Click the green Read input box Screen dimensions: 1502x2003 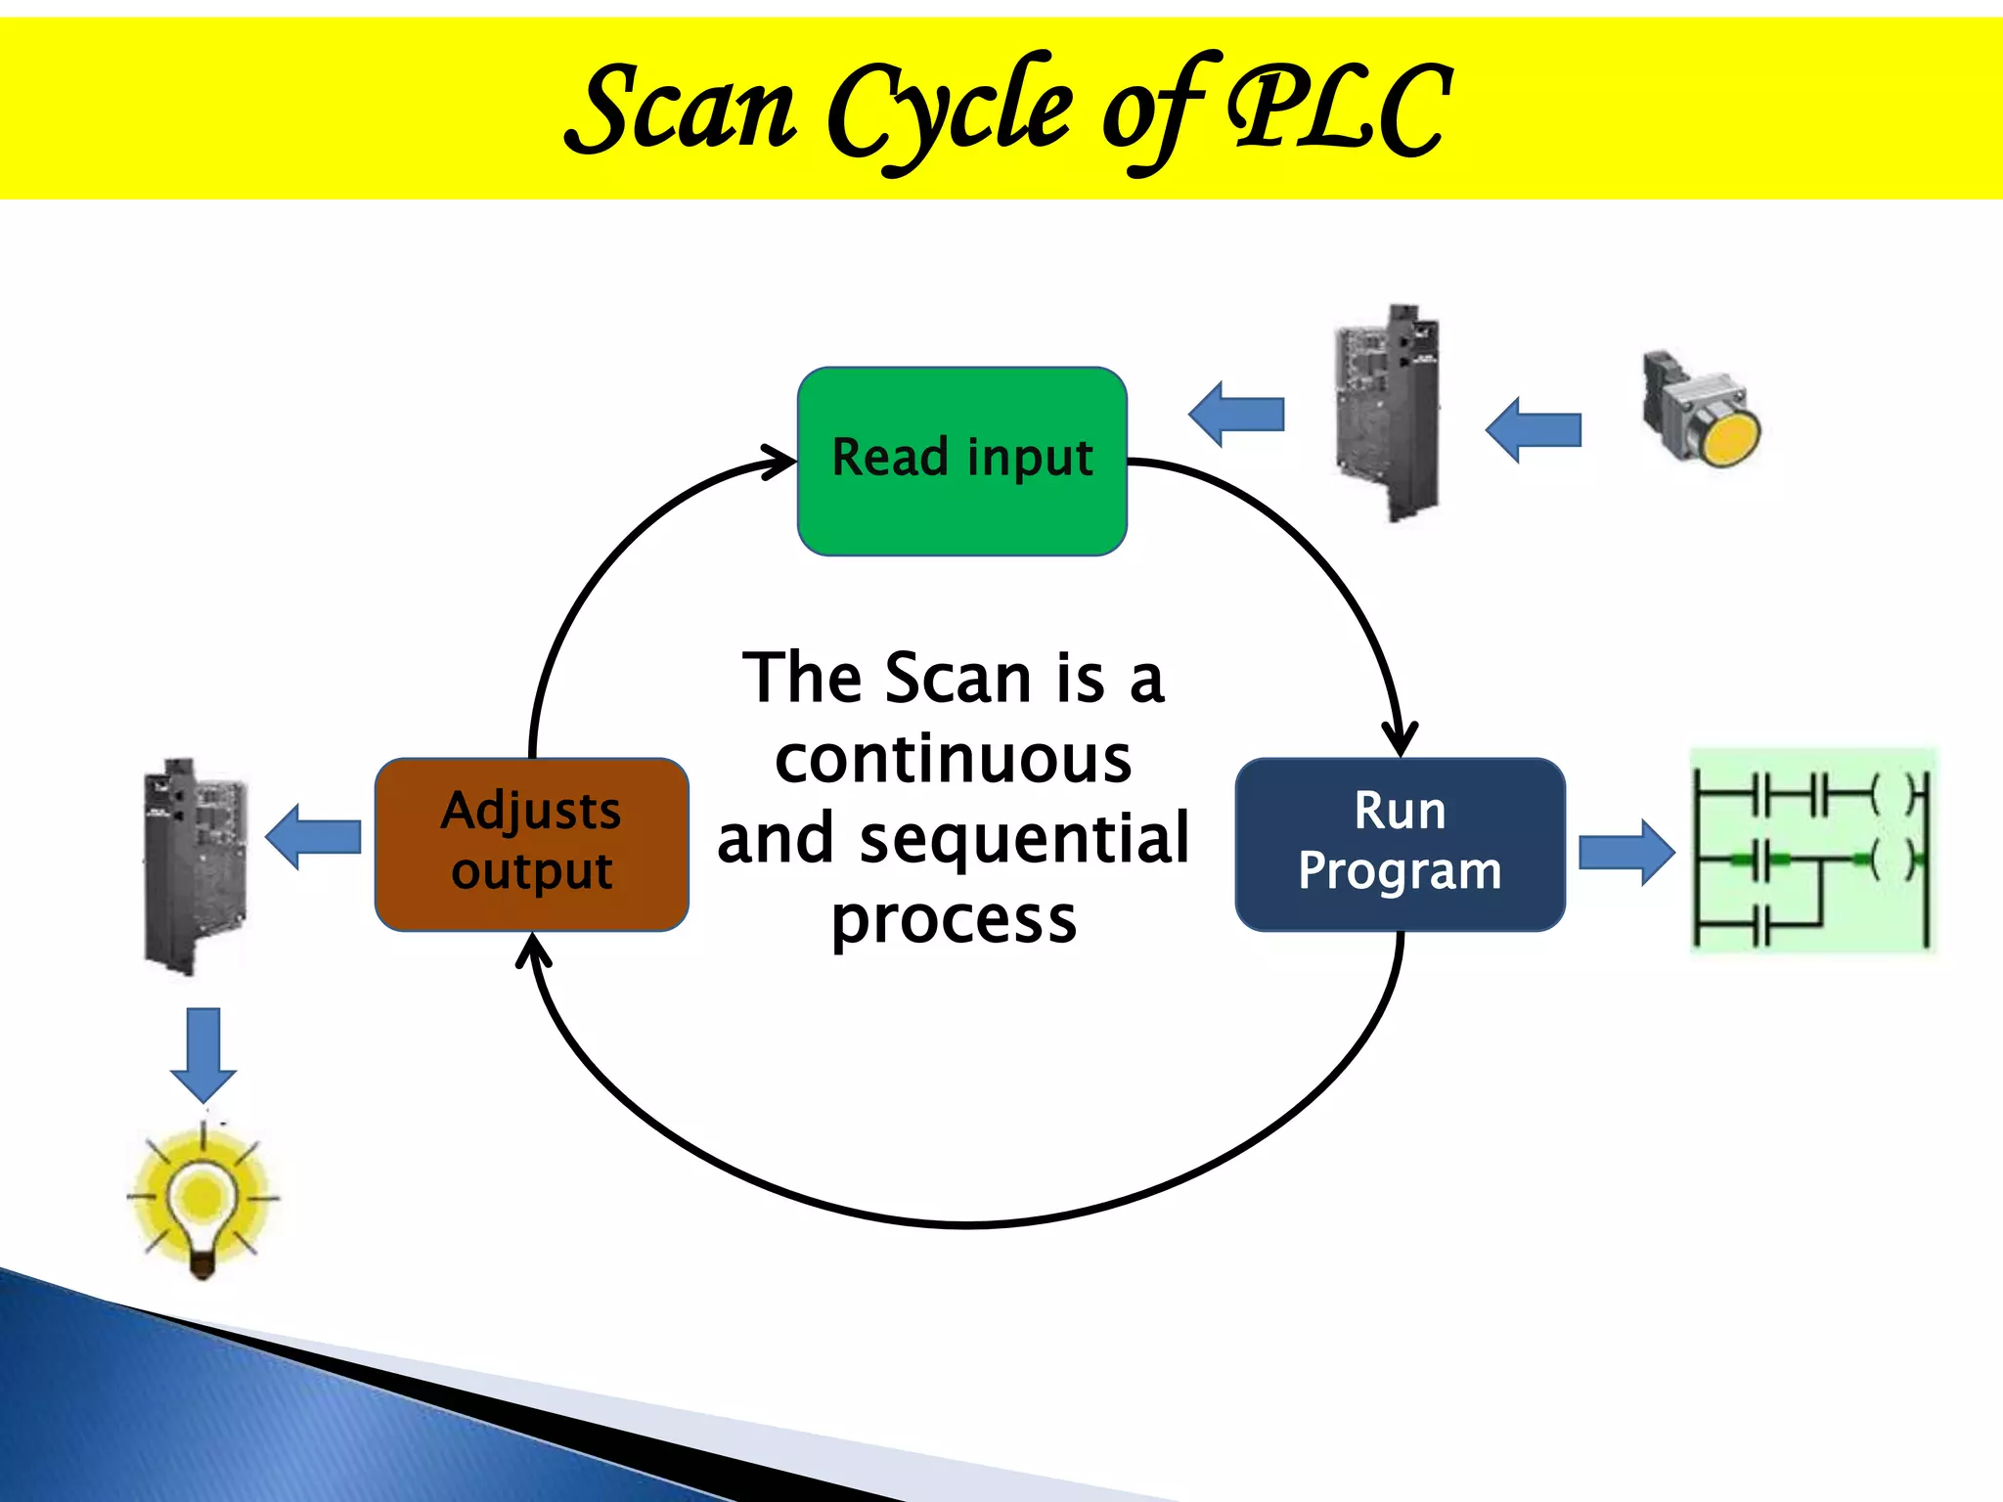tap(962, 461)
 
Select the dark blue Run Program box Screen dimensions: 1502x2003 tap(1400, 843)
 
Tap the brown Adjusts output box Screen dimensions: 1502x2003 tap(531, 843)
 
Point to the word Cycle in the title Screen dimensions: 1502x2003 tap(949, 110)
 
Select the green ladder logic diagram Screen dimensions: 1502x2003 tap(1813, 849)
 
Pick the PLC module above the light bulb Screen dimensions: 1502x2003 tap(196, 866)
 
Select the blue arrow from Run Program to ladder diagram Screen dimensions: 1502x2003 tap(1625, 853)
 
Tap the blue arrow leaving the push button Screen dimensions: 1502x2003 tap(1534, 429)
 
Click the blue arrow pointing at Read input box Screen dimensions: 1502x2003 tap(1237, 414)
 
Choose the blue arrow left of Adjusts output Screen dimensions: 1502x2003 tap(314, 837)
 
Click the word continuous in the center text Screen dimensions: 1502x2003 tap(954, 760)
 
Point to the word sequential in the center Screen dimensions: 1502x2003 tap(1024, 839)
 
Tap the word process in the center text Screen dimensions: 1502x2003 tap(954, 920)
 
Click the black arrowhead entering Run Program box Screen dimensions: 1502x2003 tap(1400, 739)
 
